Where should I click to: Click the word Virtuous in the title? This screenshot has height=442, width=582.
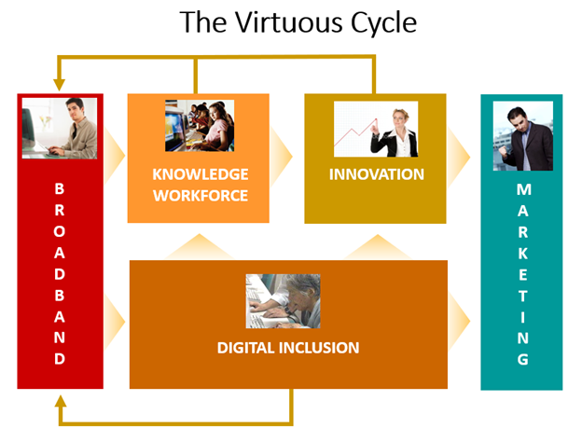pos(290,22)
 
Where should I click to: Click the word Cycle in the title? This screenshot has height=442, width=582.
pos(383,24)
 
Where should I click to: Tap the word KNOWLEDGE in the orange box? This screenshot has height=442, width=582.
pos(200,174)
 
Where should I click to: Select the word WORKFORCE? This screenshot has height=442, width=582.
pos(201,196)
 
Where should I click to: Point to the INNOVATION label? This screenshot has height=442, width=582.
pos(377,174)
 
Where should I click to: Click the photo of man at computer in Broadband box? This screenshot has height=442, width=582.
pos(60,128)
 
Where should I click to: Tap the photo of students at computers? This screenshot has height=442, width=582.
pos(200,126)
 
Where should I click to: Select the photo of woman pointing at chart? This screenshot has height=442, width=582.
pos(376,129)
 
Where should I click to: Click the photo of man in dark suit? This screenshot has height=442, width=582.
pos(523,136)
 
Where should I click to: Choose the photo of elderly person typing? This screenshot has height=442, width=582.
pos(283,301)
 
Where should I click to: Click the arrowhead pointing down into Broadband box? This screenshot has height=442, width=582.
pos(59,85)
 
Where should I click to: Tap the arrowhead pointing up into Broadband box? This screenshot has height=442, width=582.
pos(61,401)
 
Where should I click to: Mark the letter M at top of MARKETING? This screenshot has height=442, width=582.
pos(524,189)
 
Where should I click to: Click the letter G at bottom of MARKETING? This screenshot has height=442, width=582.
pos(523,359)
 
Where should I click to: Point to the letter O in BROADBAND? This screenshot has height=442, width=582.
pos(60,231)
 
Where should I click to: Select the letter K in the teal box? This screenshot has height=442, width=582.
pos(523,254)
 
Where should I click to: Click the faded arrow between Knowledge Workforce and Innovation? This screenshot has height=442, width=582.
pos(281,157)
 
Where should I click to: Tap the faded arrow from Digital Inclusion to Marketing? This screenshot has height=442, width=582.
pos(459,321)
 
